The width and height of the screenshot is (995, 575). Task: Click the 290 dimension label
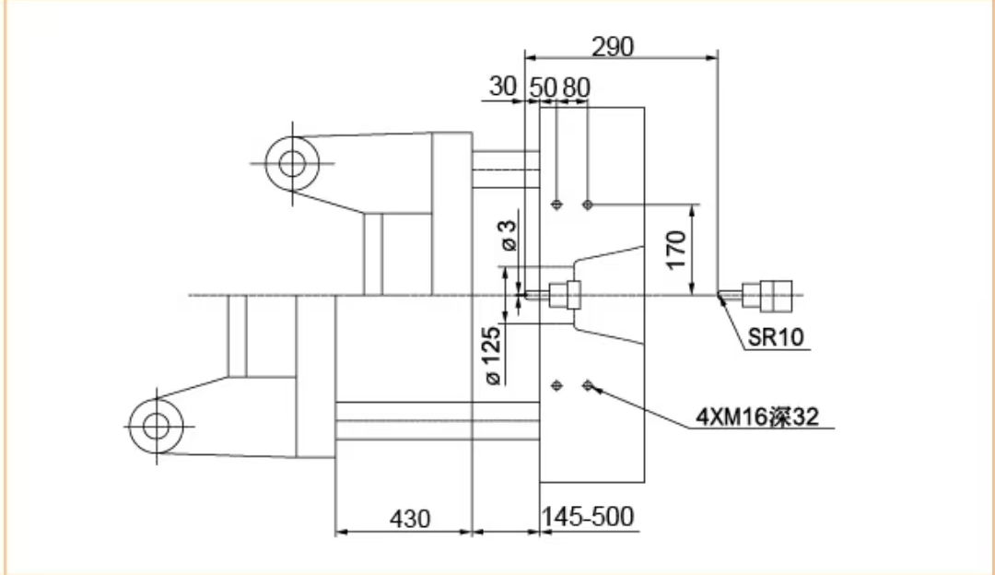point(613,46)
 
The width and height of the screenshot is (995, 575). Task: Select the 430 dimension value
point(410,519)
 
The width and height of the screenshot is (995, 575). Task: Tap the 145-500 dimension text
point(588,517)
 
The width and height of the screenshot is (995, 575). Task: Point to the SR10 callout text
point(776,337)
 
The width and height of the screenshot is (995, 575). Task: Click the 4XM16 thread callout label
point(757,417)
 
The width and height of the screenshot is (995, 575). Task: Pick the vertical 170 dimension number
point(676,250)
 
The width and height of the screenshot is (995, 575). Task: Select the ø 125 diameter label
point(492,356)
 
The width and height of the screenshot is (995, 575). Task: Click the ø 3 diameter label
point(509,235)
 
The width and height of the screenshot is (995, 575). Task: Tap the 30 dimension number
point(503,87)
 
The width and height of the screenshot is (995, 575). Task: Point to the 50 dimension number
point(543,88)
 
